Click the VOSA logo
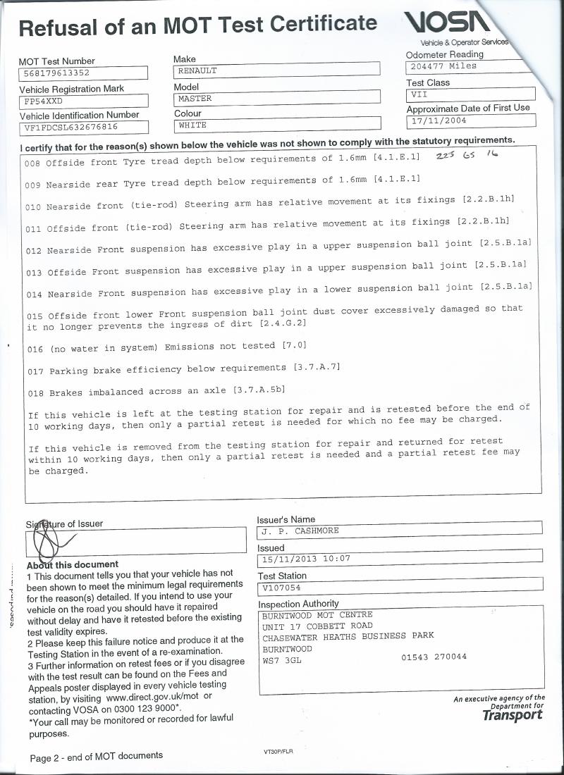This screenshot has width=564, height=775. click(x=446, y=25)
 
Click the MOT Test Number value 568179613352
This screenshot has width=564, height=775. click(x=56, y=73)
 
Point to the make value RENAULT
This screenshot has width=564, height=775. click(x=197, y=70)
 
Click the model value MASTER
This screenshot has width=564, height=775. click(x=195, y=99)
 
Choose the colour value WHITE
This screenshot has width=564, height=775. click(x=192, y=125)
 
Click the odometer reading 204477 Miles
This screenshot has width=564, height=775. click(x=443, y=67)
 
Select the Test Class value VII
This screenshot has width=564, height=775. click(x=419, y=94)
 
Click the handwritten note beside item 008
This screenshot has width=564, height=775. click(x=467, y=156)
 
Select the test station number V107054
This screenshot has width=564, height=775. click(x=281, y=587)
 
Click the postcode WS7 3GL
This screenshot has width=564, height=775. click(x=281, y=661)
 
